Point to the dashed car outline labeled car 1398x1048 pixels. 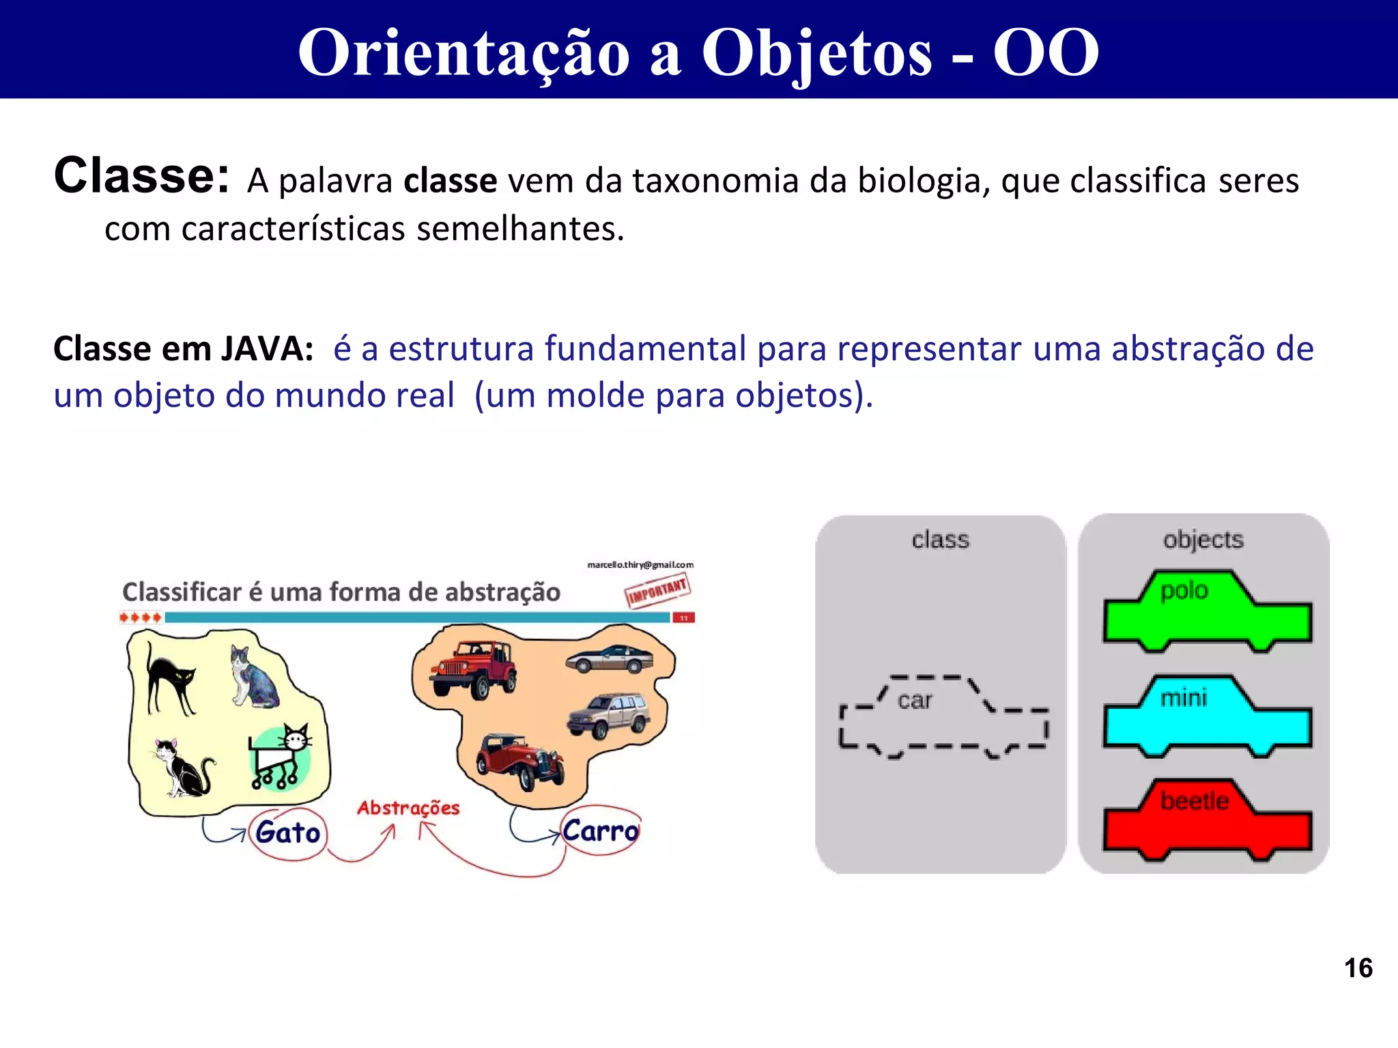coord(942,716)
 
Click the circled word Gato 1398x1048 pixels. coord(287,833)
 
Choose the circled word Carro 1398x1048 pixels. coord(600,831)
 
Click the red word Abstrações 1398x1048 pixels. coord(408,808)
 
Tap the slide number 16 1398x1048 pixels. coord(1358,968)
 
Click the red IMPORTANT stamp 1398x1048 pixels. coord(657,589)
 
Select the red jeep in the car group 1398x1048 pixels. coord(473,669)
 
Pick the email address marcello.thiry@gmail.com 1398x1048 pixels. coord(640,565)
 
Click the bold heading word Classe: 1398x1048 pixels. coord(141,176)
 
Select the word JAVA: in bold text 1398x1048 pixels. coord(267,349)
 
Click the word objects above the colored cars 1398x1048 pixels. coord(1203,540)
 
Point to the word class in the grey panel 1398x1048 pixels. coord(940,540)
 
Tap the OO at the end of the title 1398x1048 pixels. coord(1045,53)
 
